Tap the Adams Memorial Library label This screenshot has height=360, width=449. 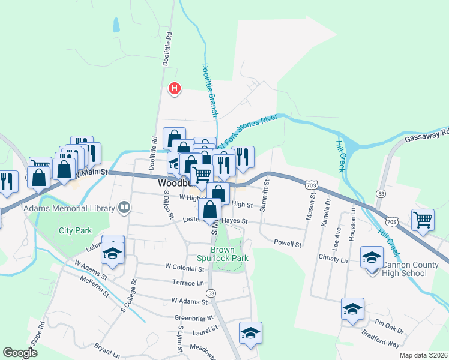pyautogui.click(x=69, y=208)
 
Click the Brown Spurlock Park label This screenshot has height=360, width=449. pyautogui.click(x=229, y=254)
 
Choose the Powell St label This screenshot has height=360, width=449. pyautogui.click(x=287, y=244)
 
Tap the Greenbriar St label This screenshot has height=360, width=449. pyautogui.click(x=194, y=318)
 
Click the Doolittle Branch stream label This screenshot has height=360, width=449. pyautogui.click(x=209, y=89)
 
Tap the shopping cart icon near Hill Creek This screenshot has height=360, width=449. pyautogui.click(x=423, y=220)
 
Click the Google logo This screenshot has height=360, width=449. pyautogui.click(x=20, y=353)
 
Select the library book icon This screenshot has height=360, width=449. pyautogui.click(x=124, y=208)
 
